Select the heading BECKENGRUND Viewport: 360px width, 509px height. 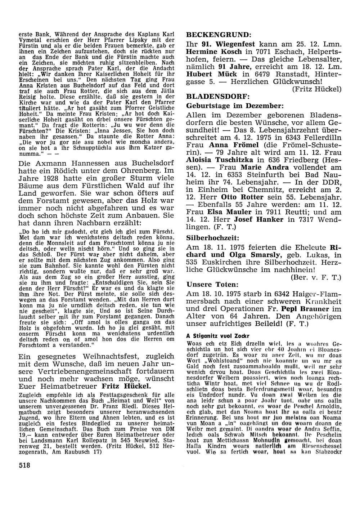(x=217, y=35)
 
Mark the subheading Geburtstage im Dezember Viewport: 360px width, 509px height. (x=235, y=106)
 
